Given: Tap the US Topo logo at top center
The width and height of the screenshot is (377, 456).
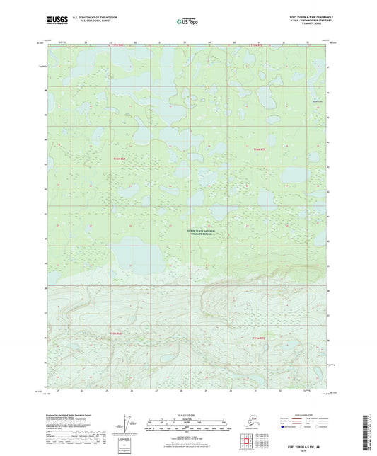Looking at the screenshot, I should [x=188, y=21].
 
